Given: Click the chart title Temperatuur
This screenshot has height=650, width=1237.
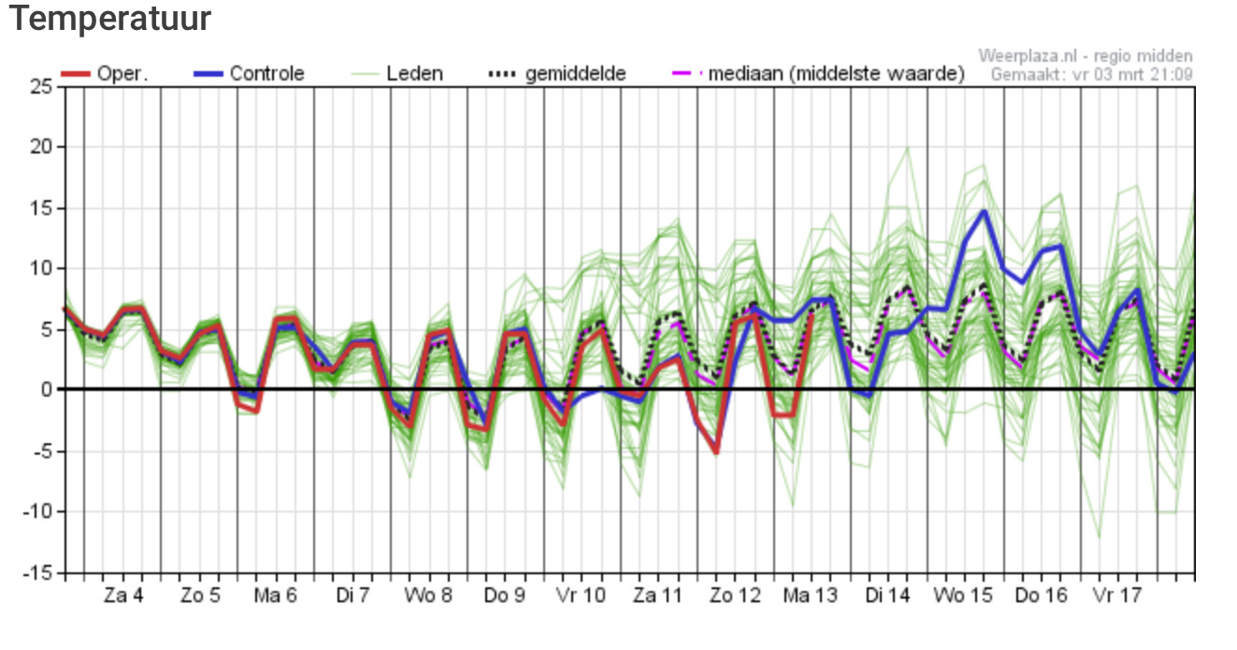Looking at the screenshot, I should (110, 19).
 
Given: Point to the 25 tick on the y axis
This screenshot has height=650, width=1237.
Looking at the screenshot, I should (41, 87).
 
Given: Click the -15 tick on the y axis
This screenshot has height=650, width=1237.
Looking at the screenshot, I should (37, 573).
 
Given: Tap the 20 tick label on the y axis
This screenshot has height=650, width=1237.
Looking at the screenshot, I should (41, 148).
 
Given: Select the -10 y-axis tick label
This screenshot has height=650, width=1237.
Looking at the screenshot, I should (37, 513).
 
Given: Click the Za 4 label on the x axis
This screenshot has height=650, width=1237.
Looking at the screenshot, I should (123, 596).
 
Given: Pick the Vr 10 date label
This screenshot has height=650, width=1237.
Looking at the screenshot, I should (582, 596).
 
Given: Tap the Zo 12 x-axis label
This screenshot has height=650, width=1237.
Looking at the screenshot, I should (735, 596).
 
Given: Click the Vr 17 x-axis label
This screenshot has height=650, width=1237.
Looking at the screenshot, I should (1117, 596).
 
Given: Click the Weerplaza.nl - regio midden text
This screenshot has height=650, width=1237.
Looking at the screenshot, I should (1085, 56).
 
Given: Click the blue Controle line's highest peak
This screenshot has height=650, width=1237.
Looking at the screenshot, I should (985, 210).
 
